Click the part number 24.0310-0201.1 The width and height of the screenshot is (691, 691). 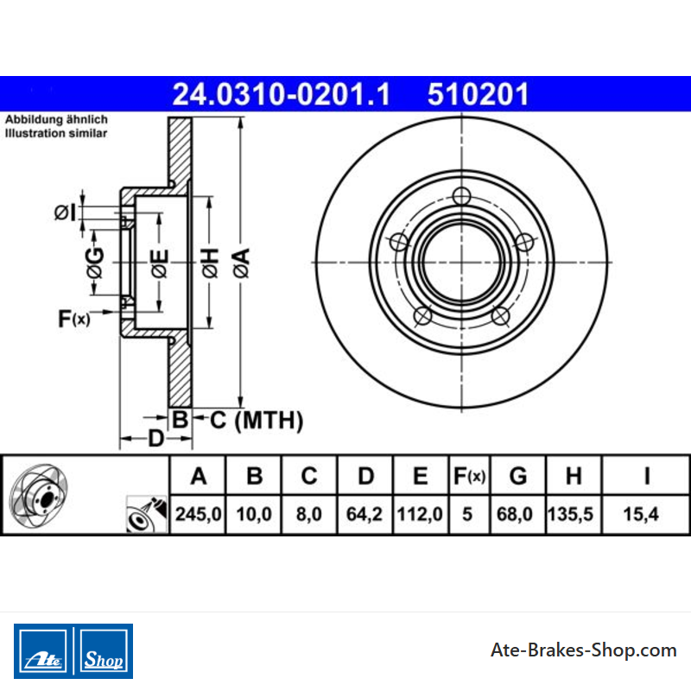(x=282, y=94)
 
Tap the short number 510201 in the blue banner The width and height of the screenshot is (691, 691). (x=479, y=94)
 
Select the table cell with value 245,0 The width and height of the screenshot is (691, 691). (x=199, y=514)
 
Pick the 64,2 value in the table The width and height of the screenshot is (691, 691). (x=365, y=514)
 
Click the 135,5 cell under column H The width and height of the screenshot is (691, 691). (x=570, y=514)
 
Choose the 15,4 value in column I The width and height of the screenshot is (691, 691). (x=641, y=514)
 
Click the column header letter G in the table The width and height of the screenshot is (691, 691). (x=518, y=476)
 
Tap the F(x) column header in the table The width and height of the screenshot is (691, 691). (x=469, y=477)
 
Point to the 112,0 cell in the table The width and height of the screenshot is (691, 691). (x=420, y=514)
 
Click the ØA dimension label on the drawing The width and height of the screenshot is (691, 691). (x=242, y=263)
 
